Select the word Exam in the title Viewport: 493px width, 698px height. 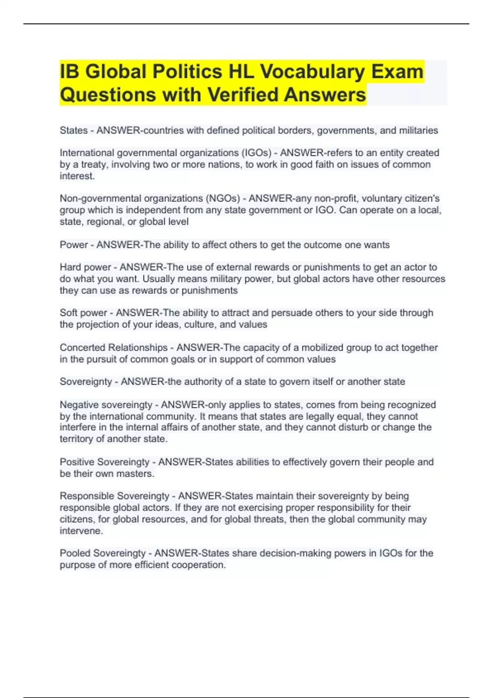click(x=397, y=71)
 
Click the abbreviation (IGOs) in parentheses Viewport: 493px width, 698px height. click(x=257, y=153)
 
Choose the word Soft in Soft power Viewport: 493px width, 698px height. click(x=69, y=313)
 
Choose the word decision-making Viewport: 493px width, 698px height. click(x=281, y=553)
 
